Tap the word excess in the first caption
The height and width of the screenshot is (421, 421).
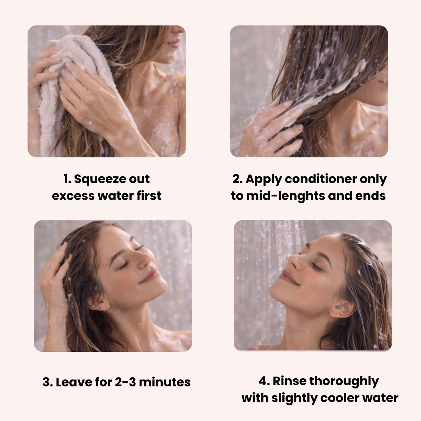pos(73,196)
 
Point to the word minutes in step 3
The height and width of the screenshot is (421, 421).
pos(165,382)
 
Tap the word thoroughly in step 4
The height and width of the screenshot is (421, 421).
pos(344,382)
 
